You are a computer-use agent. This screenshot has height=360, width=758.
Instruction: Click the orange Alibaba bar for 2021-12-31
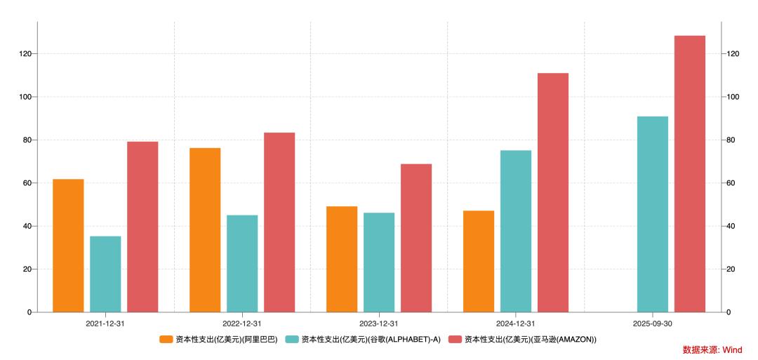pyautogui.click(x=68, y=246)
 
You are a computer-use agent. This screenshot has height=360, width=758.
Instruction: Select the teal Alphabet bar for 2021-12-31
pyautogui.click(x=105, y=274)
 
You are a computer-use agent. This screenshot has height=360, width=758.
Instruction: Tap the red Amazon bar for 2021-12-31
pyautogui.click(x=142, y=227)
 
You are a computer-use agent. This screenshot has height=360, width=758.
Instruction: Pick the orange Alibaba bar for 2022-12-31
pyautogui.click(x=205, y=229)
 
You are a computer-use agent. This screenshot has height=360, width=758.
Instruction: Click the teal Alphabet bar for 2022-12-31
pyautogui.click(x=242, y=263)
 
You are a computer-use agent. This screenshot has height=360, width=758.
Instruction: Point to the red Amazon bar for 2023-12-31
pyautogui.click(x=416, y=238)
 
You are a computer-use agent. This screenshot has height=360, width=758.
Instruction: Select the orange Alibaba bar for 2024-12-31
pyautogui.click(x=479, y=261)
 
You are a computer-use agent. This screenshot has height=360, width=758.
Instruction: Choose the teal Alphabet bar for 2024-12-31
pyautogui.click(x=516, y=231)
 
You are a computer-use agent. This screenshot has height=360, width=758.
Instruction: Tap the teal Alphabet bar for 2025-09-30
pyautogui.click(x=653, y=214)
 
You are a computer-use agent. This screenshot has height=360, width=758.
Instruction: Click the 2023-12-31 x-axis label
pyautogui.click(x=379, y=324)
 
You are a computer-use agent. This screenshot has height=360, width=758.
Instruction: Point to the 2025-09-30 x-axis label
pyautogui.click(x=653, y=324)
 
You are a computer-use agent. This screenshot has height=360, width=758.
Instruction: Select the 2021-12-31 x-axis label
pyautogui.click(x=105, y=324)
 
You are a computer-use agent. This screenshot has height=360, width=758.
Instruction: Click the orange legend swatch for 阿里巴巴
pyautogui.click(x=166, y=340)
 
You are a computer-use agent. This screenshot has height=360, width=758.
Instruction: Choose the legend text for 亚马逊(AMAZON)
pyautogui.click(x=531, y=340)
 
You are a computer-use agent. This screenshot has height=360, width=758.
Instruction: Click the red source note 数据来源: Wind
pyautogui.click(x=712, y=349)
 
